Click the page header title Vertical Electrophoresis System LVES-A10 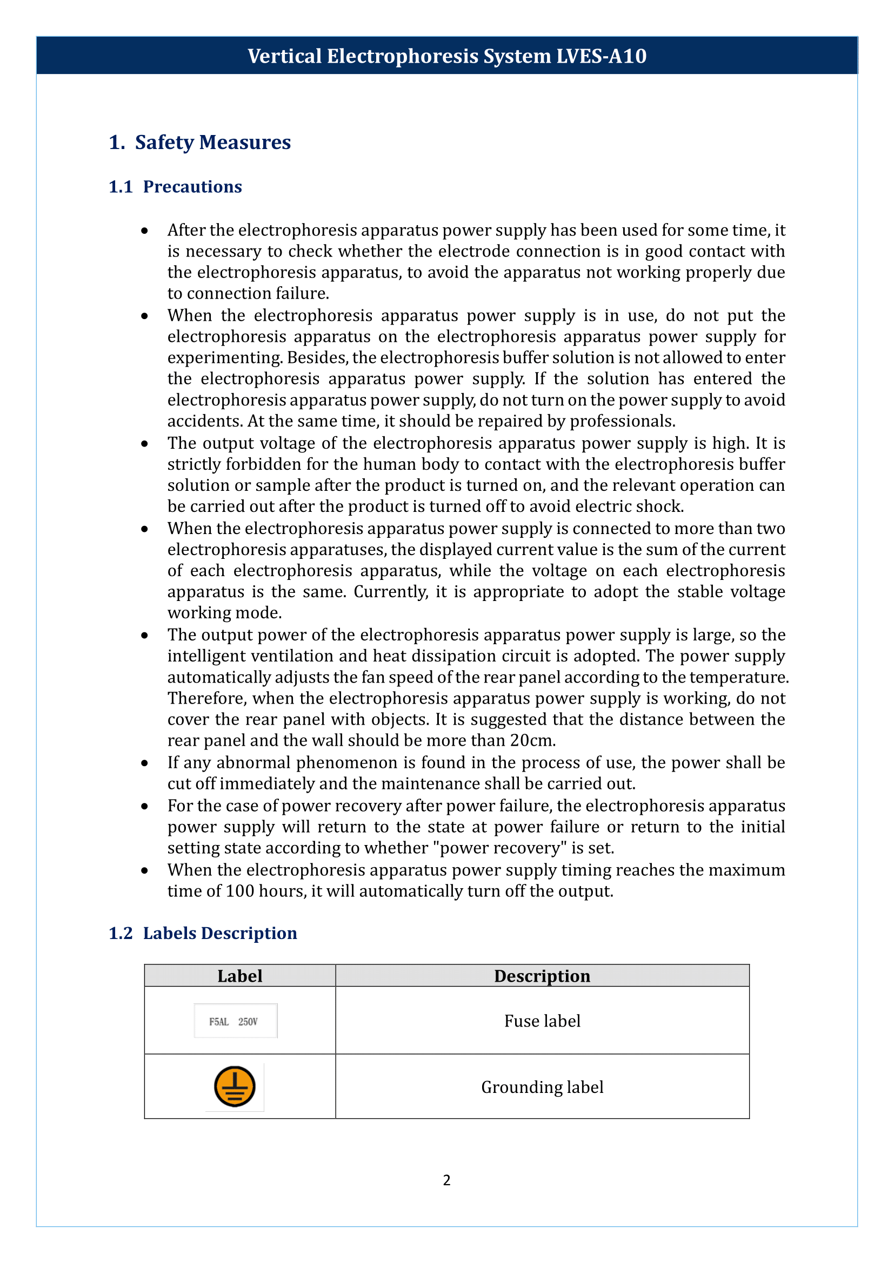coord(446,56)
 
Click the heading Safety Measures coord(212,143)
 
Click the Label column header coord(239,976)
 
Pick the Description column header coord(542,976)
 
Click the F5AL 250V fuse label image coord(235,1022)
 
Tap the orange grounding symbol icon coord(235,1087)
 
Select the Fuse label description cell coord(542,1022)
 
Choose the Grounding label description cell coord(542,1088)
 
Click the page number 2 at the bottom coord(446,1180)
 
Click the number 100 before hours coord(239,891)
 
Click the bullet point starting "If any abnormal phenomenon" coord(144,764)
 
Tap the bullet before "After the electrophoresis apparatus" coord(144,231)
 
